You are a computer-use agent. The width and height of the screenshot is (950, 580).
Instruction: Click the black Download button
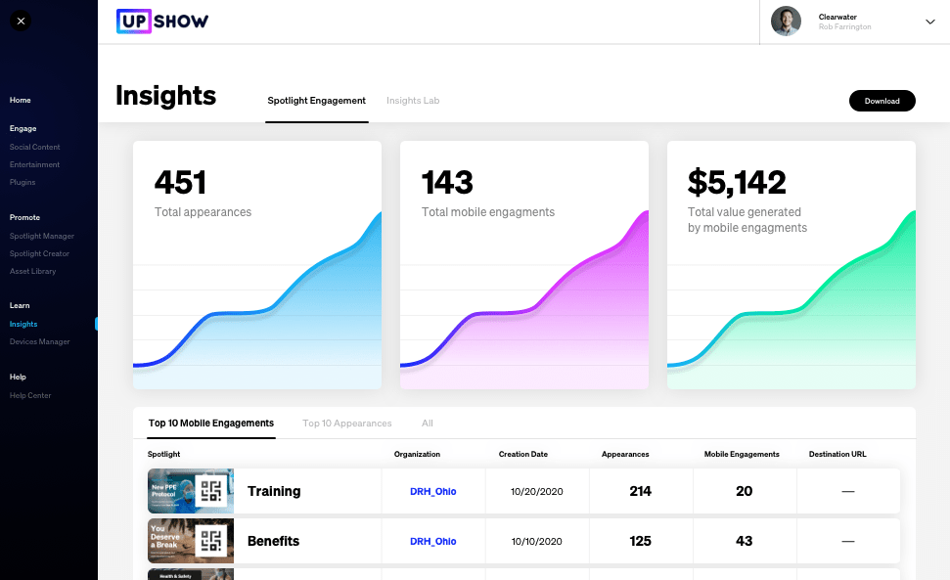(x=882, y=101)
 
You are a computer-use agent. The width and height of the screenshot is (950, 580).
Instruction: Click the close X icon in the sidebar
(x=21, y=21)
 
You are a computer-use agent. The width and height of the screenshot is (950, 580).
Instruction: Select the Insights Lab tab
(x=413, y=101)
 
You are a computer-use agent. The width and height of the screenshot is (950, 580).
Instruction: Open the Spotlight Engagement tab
(x=316, y=101)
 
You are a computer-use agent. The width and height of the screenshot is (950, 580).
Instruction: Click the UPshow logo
(x=162, y=21)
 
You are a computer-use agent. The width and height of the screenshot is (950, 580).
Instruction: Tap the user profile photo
(x=786, y=22)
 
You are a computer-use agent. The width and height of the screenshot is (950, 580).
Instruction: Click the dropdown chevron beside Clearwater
(x=930, y=22)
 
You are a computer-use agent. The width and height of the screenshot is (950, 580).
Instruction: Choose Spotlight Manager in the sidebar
(x=42, y=236)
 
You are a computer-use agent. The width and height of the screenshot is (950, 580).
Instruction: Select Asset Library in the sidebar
(x=33, y=271)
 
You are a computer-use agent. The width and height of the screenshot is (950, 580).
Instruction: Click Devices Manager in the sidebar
(x=40, y=341)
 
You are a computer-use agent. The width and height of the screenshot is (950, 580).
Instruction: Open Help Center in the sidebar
(x=30, y=395)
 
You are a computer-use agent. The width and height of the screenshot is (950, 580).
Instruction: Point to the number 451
(x=181, y=182)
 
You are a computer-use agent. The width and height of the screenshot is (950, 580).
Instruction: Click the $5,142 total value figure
(x=737, y=182)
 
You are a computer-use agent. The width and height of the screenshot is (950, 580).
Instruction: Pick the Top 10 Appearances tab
(x=347, y=424)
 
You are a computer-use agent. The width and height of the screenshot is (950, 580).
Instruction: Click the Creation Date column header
(x=523, y=454)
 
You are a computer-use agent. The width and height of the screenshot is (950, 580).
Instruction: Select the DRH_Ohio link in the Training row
(x=432, y=491)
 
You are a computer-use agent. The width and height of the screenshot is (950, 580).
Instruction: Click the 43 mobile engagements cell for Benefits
(x=744, y=541)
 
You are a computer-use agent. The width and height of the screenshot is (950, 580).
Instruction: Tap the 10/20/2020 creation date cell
(x=537, y=491)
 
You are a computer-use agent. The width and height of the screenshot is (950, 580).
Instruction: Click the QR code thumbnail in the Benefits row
(x=211, y=541)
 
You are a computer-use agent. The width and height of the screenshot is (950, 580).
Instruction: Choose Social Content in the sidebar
(x=35, y=147)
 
